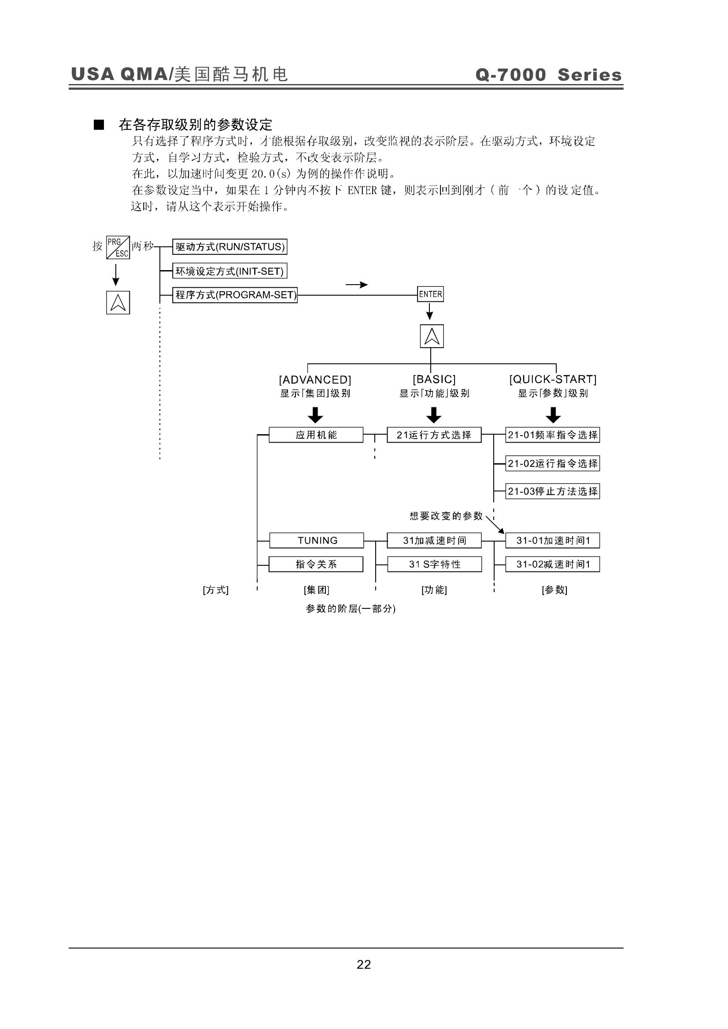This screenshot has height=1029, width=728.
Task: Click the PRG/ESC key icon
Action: coord(118,247)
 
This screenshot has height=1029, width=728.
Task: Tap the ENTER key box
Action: coord(431,294)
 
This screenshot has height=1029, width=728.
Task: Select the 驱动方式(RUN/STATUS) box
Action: coord(229,247)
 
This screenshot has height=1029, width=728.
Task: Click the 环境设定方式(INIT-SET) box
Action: coord(229,271)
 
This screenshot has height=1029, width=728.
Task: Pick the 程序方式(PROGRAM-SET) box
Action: coord(235,295)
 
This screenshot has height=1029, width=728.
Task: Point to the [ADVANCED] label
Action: coord(315,380)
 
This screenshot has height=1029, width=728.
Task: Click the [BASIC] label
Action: coord(434,379)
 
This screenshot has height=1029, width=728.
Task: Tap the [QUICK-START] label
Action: coord(553,379)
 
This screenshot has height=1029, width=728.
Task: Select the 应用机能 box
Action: coord(316,435)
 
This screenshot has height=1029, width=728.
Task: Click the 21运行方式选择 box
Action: coord(434,435)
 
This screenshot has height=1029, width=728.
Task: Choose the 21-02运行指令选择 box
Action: coord(553,463)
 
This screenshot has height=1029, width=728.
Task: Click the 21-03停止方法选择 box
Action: coord(553,491)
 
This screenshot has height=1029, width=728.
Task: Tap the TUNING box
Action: coord(317,541)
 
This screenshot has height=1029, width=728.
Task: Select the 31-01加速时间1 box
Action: coord(553,541)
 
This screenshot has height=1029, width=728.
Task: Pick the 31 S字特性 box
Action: coord(435,564)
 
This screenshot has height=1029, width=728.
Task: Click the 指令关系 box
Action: coord(316,564)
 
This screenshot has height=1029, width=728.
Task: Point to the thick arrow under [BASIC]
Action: coord(434,415)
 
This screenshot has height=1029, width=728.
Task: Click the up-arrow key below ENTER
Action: coord(432,336)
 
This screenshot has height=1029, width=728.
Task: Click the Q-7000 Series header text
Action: coord(549,75)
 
